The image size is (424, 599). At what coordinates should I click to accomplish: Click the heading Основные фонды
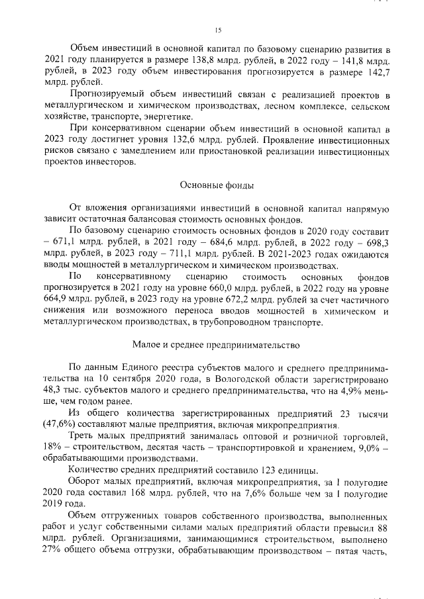[x=217, y=185]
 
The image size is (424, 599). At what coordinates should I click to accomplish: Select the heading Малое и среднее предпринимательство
[x=217, y=345]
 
